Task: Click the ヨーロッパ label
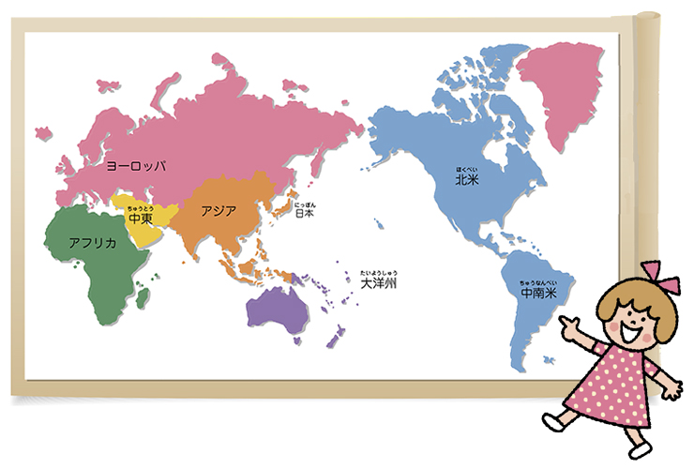click(x=136, y=165)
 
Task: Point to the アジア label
click(x=219, y=210)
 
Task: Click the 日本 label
click(x=304, y=213)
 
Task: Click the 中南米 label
click(x=538, y=293)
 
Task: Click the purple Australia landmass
click(x=275, y=309)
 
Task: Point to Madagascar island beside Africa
click(x=143, y=297)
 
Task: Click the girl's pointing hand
click(x=567, y=325)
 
